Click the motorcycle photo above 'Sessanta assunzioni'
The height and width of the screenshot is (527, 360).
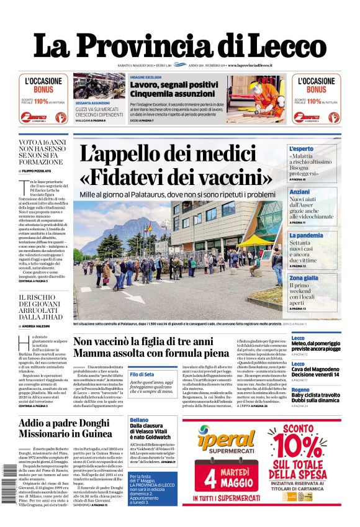99,86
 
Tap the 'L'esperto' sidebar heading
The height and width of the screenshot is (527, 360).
319,149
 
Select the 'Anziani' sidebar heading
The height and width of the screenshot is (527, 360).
317,192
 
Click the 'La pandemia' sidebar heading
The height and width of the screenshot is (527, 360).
323,236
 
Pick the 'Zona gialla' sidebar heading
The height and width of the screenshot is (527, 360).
321,278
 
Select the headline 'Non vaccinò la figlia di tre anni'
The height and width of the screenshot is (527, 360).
143,342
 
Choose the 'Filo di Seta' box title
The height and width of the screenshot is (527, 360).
142,374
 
